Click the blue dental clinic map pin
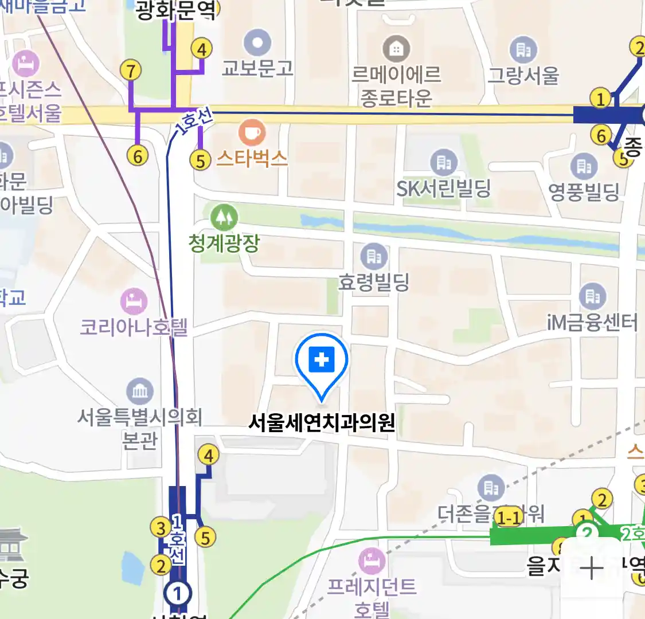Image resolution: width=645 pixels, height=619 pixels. pos(322,361)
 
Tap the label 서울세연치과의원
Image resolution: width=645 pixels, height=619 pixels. pos(322,422)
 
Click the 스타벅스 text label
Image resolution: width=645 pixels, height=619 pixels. pos(252,158)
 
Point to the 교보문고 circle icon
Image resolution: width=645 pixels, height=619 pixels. pos(257,43)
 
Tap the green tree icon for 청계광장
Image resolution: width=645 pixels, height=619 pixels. pos(224,217)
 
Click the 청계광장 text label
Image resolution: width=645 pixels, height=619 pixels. pos(224,243)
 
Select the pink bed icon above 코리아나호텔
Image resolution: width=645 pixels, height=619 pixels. pos(134,301)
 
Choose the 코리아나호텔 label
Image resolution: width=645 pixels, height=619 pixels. pos(134,327)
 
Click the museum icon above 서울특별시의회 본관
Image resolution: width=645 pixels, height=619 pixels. pos(140,392)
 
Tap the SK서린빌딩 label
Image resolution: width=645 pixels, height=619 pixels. pos(444,188)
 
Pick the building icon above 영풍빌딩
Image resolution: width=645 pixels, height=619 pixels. pos(584,166)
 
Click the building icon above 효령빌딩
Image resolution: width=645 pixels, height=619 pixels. pos(374,256)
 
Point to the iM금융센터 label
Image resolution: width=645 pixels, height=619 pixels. pos(592,323)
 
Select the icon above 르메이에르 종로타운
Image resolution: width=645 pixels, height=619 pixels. pos(396,49)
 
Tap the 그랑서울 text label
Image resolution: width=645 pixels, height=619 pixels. pos(523,75)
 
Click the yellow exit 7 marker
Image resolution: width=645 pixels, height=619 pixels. pos(131,70)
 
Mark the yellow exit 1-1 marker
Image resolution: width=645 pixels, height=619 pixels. pos(509,518)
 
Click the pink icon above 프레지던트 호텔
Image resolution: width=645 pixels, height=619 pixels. pos(372,561)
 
